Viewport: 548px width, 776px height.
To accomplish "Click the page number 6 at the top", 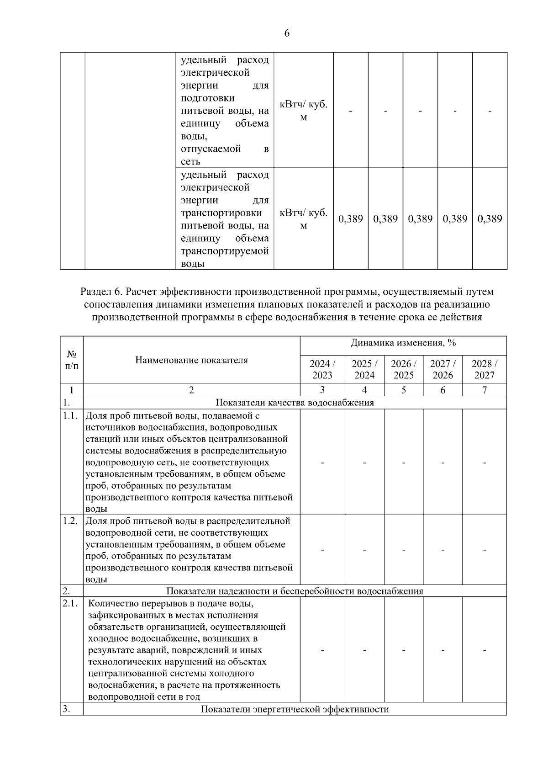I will coord(287,33).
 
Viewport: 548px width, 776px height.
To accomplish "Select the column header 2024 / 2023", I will coord(322,369).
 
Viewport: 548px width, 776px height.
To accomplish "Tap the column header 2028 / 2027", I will coord(485,369).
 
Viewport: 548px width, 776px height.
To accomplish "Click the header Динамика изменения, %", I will coord(403,343).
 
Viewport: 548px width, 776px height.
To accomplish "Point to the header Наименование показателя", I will coord(191,360).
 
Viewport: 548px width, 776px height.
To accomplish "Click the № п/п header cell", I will coord(72,360).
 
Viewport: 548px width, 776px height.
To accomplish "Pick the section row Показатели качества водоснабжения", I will coord(295,403).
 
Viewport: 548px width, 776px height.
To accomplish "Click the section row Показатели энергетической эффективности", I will coord(295,709).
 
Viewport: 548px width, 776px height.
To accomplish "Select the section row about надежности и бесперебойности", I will coord(295,591).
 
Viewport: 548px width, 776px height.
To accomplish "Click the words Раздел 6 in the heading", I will coord(101,292).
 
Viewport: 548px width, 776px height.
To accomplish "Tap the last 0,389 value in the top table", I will coord(490,219).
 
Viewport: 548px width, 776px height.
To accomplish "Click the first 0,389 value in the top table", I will coord(350,219).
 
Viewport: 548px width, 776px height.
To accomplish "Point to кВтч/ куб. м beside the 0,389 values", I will coord(303,219).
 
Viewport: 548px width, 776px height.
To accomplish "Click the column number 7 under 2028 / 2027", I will coord(485,390).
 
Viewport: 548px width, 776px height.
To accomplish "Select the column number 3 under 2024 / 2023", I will coord(322,390).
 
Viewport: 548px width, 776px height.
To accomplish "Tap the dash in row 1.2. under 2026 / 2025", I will coord(404,550).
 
